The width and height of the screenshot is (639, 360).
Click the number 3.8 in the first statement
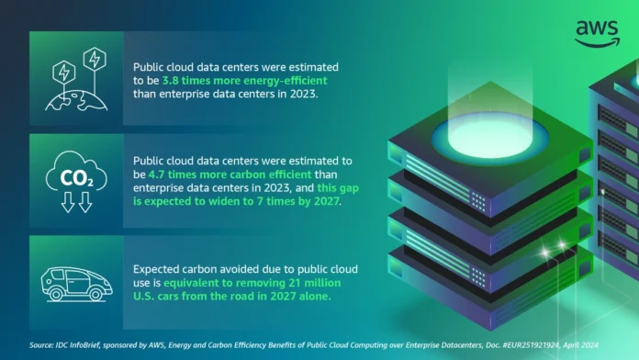[162, 81]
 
